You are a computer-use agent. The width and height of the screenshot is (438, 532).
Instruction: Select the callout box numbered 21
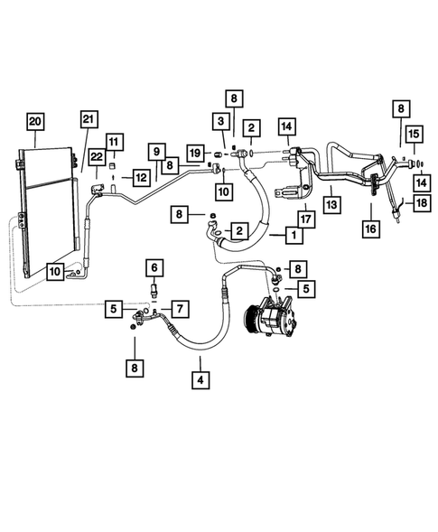pos(88,120)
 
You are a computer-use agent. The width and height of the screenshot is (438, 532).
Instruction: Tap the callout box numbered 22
pos(98,158)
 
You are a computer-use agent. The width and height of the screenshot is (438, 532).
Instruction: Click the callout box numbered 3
pos(219,122)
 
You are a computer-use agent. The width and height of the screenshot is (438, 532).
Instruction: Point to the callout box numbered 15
pos(412,135)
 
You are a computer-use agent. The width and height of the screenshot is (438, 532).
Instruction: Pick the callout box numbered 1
pos(293,235)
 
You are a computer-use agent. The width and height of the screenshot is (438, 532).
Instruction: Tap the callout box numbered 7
pos(180,310)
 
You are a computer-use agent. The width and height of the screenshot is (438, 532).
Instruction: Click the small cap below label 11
pos(114,164)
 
